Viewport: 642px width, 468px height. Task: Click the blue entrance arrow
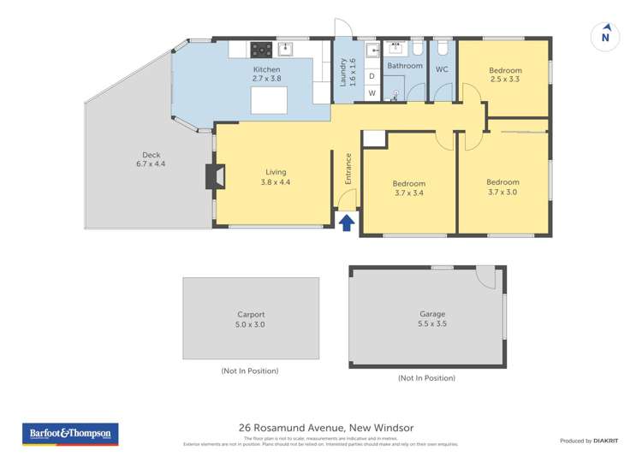[347, 223]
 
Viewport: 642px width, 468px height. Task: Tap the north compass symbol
[605, 37]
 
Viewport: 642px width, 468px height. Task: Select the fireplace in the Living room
[214, 176]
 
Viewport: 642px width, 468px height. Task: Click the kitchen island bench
[270, 100]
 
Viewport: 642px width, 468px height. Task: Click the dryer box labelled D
[372, 76]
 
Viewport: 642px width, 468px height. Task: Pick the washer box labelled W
[372, 92]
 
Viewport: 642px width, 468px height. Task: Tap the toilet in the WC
[442, 48]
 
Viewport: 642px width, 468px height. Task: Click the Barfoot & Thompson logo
[70, 434]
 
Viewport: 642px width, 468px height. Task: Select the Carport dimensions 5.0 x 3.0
[250, 325]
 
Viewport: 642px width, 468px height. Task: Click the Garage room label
[426, 314]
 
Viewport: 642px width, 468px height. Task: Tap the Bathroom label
[405, 66]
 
